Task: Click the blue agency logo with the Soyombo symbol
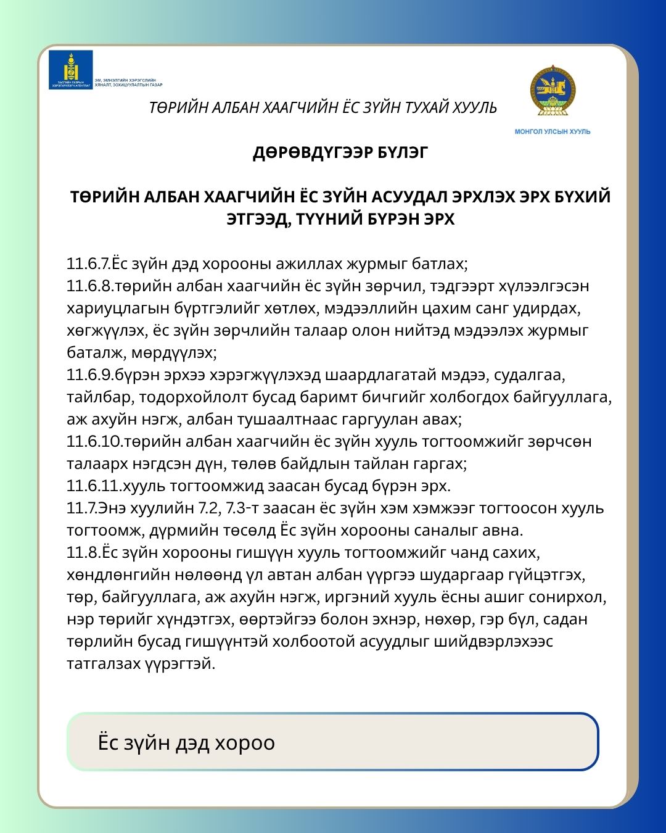[x=70, y=69]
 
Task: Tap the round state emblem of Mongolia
[x=552, y=90]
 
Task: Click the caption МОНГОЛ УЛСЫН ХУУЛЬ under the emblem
[x=553, y=131]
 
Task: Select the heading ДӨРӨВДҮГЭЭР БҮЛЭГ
[x=340, y=152]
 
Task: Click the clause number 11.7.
[x=82, y=508]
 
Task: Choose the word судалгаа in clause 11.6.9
[x=530, y=375]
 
